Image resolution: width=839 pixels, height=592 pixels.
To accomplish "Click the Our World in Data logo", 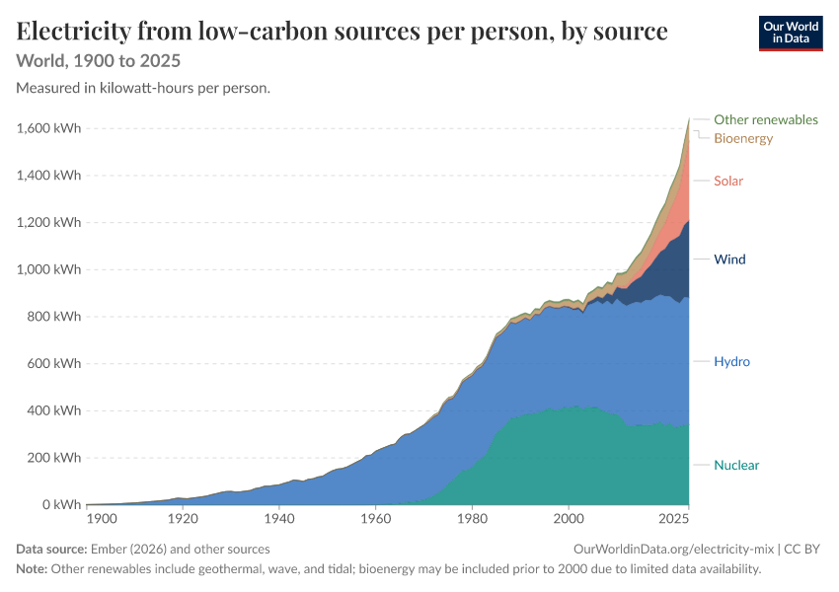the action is point(791,34).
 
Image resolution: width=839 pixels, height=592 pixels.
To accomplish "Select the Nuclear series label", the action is point(736,466).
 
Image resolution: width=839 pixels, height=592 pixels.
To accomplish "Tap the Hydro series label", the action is point(731,361).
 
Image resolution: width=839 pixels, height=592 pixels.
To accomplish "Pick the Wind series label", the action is point(729,259).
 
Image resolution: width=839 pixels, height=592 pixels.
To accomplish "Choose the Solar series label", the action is point(728,181).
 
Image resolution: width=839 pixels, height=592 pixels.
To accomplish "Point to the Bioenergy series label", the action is point(743,138).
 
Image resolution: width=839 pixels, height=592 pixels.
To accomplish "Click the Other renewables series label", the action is point(766,119).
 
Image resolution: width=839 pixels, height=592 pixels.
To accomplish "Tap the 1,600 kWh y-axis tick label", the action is point(48,128).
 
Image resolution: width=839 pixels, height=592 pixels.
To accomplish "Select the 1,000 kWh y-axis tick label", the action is point(48,269).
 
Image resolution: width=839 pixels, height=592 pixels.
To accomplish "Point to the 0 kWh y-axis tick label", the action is point(61,505).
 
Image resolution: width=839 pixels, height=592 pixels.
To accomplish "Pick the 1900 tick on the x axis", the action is point(102,519).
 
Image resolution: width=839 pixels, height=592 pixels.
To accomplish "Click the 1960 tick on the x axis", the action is point(376,519).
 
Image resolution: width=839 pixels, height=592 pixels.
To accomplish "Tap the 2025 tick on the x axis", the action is point(673,519).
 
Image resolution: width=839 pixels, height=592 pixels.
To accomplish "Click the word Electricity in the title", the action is point(73,32).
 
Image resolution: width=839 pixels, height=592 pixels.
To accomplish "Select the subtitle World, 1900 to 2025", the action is point(99,61).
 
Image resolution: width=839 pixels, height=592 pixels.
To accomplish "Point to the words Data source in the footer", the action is point(51,550).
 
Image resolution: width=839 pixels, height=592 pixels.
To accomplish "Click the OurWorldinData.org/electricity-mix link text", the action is point(673,550).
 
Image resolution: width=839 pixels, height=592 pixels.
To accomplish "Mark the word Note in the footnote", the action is point(32,569).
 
